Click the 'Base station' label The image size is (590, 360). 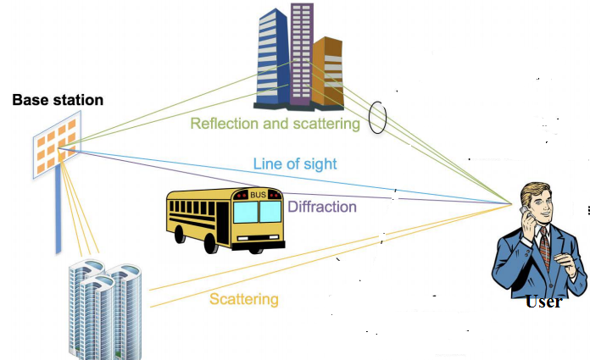tap(58, 101)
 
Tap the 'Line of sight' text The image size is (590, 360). tap(294, 164)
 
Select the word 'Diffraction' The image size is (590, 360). tap(322, 206)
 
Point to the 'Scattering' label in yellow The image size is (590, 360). tap(243, 299)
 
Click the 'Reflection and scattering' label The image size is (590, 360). tap(276, 124)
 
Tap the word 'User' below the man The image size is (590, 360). tap(543, 302)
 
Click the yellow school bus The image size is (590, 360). tap(224, 218)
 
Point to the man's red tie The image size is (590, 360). tap(543, 246)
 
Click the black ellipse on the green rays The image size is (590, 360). tap(378, 116)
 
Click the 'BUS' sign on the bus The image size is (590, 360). tap(258, 194)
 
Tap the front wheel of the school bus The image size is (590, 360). tap(213, 243)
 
